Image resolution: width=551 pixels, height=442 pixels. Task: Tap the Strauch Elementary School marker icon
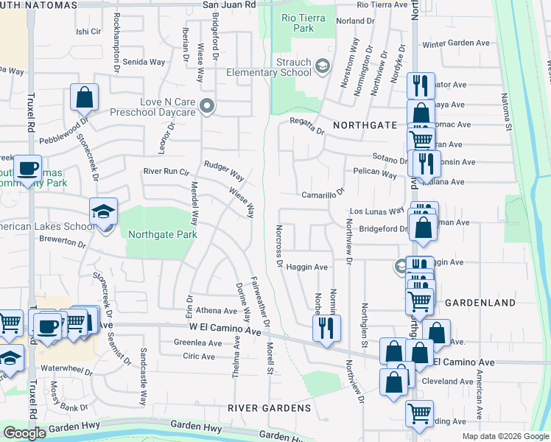tap(323, 67)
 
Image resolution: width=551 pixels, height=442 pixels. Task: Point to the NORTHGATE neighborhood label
tap(365, 126)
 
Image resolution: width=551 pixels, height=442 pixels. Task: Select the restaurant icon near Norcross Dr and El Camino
tap(326, 326)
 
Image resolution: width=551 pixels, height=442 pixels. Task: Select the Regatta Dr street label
tap(306, 126)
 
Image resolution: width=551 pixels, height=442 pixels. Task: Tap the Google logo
tap(24, 433)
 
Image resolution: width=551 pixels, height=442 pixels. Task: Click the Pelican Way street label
tap(374, 174)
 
